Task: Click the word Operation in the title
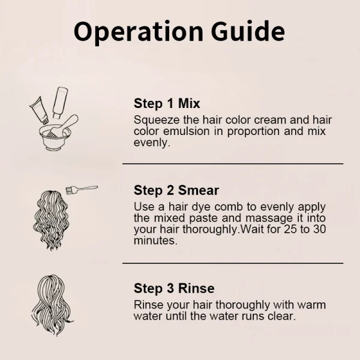pos(139,32)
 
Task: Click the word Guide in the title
pos(248,31)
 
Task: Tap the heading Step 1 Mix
pos(167,103)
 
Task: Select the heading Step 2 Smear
pos(176,190)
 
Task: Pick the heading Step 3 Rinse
pos(174,288)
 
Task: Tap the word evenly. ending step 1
pos(152,143)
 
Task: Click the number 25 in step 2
pos(291,229)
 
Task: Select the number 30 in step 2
pos(319,229)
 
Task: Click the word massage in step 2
pos(269,218)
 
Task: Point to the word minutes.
pos(155,241)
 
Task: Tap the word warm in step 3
pos(311,305)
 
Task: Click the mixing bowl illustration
pos(55,137)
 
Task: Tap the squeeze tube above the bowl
pos(39,110)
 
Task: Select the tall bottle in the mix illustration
pos(60,103)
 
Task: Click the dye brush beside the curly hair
pos(82,190)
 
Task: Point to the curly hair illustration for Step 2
pos(51,220)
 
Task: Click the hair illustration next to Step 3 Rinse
pos(52,305)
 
